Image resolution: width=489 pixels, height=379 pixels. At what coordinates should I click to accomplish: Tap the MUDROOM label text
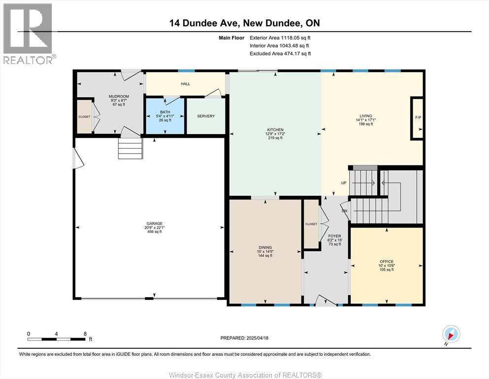point(119,96)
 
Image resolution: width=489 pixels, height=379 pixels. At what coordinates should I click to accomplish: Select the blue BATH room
point(164,116)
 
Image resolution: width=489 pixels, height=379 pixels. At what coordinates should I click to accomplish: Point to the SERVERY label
point(206,116)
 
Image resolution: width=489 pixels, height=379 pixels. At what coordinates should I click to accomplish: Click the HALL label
point(185,84)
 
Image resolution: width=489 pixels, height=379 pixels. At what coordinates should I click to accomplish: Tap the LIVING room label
point(365,116)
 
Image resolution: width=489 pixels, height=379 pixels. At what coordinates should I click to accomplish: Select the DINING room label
point(265,248)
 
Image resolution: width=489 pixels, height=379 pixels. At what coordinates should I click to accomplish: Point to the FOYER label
point(335,236)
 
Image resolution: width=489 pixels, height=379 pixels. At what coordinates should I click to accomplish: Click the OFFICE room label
point(387,262)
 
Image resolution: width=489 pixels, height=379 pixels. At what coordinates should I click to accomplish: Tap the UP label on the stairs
point(344,183)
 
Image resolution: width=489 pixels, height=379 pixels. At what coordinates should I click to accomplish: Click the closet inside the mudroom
point(84,117)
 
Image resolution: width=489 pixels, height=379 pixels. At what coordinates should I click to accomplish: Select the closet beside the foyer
point(311,224)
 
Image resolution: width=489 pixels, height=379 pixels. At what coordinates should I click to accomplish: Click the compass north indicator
point(451,334)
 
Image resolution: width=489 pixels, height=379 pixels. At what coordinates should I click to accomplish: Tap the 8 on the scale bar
point(85,334)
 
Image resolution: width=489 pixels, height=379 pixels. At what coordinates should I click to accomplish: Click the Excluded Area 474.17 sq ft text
point(280,53)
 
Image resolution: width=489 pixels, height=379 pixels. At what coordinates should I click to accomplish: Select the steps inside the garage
point(130,148)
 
